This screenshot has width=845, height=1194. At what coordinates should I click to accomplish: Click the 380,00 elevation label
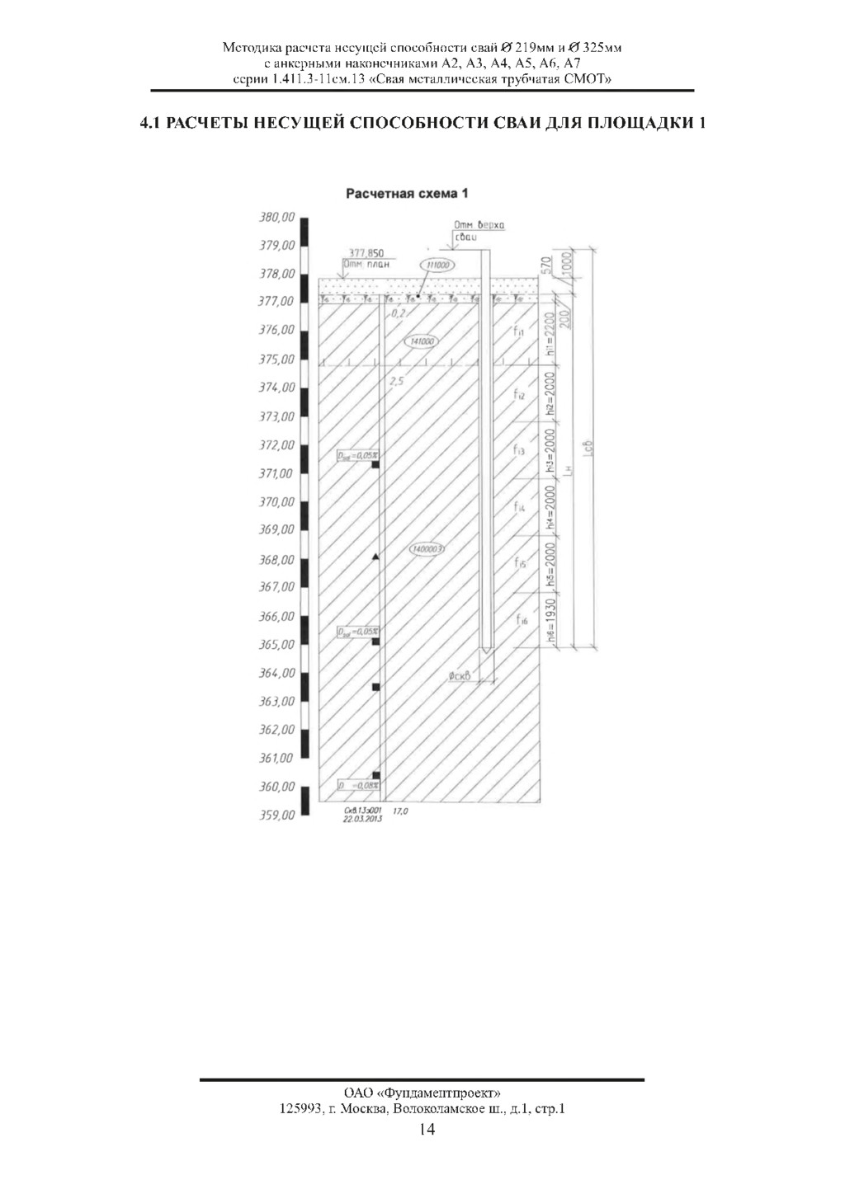276,218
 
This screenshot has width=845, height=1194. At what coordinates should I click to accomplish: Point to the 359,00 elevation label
276,815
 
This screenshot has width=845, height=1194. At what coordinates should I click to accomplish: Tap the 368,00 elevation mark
276,560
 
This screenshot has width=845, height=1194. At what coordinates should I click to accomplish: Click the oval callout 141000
422,341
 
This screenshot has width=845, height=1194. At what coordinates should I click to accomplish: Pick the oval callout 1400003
427,548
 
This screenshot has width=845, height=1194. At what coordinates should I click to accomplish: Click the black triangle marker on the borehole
375,558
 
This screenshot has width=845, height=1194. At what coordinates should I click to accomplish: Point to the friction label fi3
519,451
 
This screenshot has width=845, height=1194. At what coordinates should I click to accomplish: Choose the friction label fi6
521,620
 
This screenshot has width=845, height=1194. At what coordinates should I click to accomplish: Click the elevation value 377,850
366,253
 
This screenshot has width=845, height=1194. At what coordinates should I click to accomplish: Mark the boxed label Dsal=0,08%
358,786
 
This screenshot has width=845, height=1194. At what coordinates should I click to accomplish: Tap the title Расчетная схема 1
408,194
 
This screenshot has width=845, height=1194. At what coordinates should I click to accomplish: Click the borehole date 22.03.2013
362,819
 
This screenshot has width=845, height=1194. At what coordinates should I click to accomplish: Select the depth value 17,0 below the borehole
401,811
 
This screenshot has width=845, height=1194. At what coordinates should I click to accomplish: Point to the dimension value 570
545,266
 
